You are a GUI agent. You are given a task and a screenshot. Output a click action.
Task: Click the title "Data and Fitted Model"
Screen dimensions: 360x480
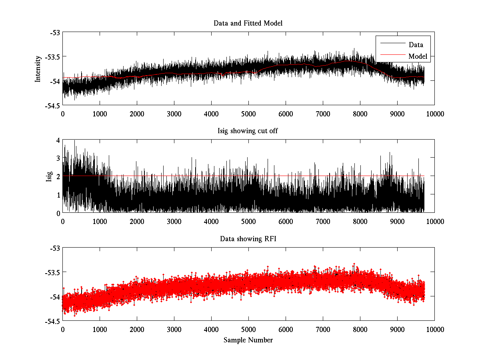248,23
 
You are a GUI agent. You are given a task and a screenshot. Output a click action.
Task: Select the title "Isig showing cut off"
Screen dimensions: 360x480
248,131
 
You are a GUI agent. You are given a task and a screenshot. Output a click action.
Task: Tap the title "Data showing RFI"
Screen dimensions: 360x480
248,239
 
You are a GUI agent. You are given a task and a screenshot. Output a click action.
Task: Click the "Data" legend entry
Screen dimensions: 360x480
416,44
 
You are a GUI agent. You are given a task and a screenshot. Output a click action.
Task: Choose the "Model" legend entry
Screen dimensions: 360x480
418,56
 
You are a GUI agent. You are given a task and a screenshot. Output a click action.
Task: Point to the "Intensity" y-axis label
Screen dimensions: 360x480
38,69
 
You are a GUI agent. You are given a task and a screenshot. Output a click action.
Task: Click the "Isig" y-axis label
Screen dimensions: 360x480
49,176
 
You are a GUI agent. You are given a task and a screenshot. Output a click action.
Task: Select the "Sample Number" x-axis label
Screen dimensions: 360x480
248,340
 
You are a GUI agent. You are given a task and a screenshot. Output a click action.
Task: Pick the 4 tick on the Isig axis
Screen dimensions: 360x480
58,140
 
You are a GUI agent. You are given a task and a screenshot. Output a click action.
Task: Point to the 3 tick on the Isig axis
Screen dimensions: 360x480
58,158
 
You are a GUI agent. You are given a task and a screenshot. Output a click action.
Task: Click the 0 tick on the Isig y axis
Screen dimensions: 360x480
58,213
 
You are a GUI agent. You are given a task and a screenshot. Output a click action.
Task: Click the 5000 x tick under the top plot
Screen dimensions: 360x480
248,114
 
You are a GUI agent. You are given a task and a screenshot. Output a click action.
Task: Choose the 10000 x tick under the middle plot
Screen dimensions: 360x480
434,221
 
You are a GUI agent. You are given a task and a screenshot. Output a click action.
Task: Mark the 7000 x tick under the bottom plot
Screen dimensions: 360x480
323,329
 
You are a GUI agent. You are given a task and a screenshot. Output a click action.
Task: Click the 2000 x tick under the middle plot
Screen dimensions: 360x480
137,221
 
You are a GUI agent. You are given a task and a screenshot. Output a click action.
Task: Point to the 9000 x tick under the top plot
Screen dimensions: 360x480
397,114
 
